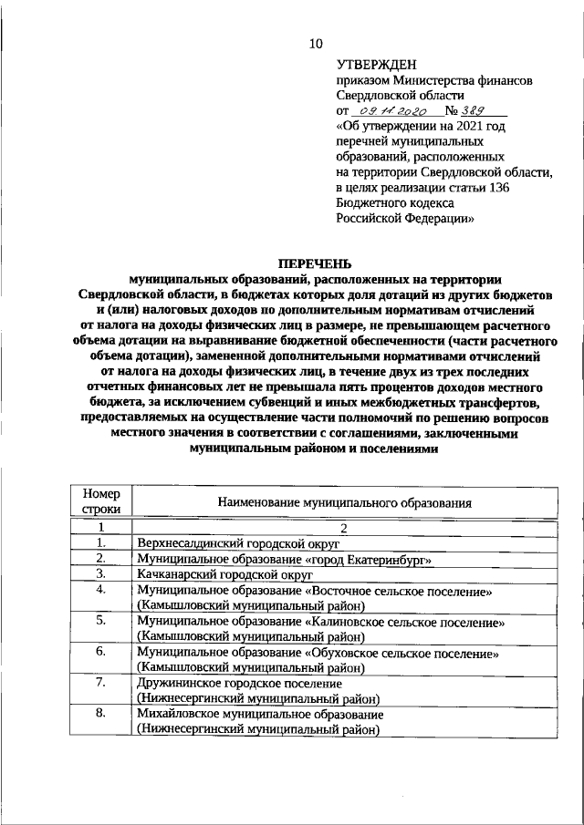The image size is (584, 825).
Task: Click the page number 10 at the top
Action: point(315,43)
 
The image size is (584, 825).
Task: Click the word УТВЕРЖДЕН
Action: point(376,65)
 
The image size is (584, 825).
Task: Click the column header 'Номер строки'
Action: point(101,501)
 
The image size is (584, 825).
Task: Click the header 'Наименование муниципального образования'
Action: point(344,502)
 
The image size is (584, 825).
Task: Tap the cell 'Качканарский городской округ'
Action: point(224,575)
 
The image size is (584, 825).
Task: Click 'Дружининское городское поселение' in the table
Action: point(239,683)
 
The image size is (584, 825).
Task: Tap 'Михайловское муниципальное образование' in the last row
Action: point(260,715)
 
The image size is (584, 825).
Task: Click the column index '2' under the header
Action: point(344,527)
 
